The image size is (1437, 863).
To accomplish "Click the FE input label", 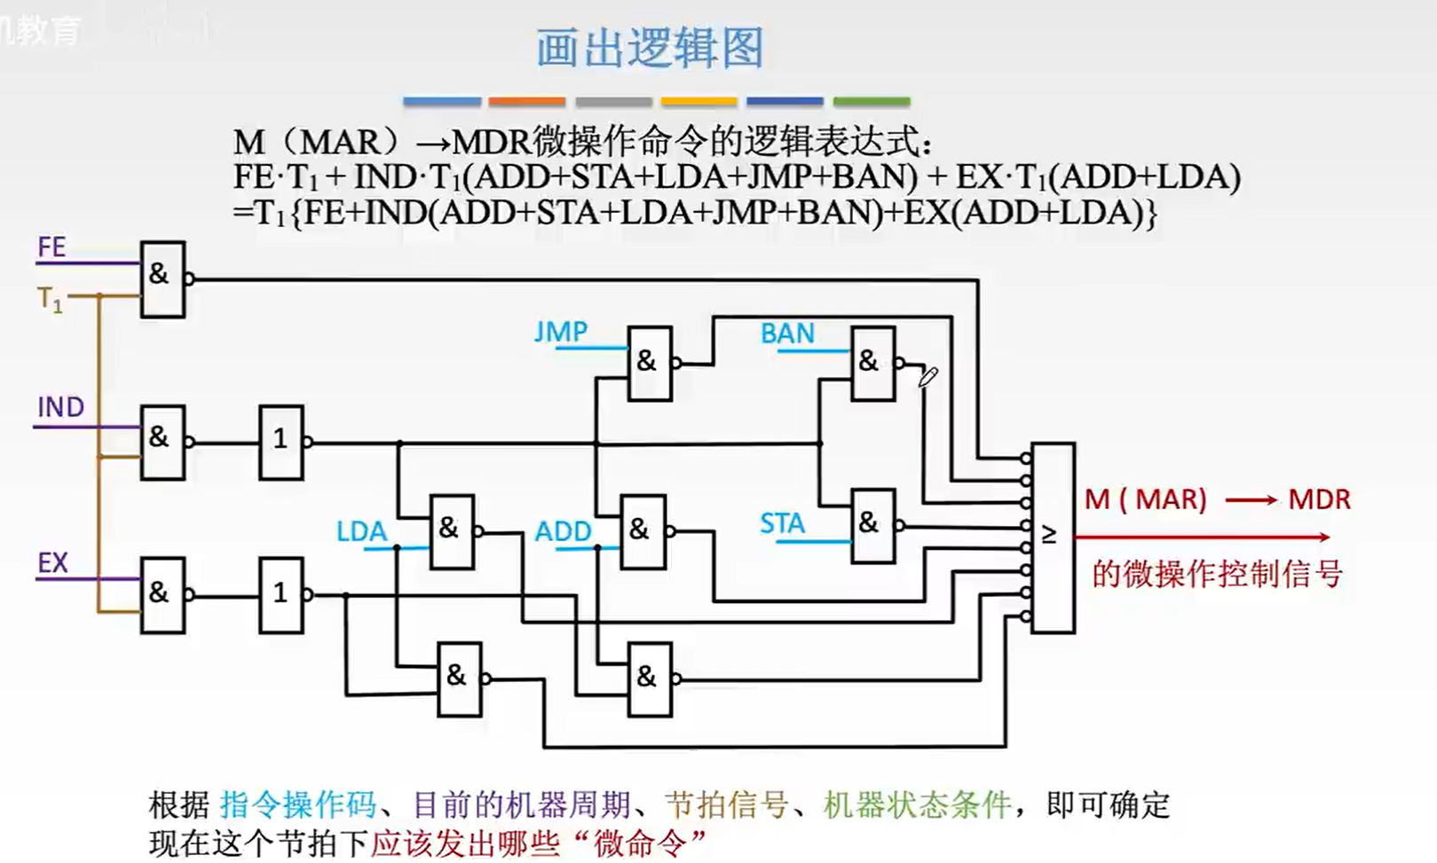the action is tap(51, 247).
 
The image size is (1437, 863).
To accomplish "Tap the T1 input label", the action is tap(50, 300).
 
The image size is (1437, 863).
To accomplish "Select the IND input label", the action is tap(61, 407).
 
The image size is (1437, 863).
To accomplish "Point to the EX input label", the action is tap(52, 563).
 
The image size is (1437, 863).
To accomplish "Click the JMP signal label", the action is tap(561, 332).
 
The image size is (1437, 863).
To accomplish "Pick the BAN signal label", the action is tap(787, 333).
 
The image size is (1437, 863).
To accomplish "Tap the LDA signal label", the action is tap(362, 531).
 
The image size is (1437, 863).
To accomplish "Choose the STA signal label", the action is tap(782, 524).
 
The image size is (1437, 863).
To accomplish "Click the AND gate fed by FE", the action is tap(163, 279).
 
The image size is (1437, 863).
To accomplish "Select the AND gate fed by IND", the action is tap(163, 443).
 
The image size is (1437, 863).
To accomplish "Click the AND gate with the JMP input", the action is tap(650, 364).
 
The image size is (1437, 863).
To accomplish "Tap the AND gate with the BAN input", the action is tap(873, 364).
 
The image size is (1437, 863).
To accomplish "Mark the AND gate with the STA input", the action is tap(873, 526).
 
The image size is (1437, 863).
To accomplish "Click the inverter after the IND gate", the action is tap(281, 443).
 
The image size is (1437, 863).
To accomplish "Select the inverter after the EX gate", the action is tap(281, 595).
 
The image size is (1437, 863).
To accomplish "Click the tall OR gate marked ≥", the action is tap(1054, 537).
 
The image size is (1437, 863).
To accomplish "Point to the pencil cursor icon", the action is tap(928, 377).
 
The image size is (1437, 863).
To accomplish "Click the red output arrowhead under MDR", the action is tap(1324, 537).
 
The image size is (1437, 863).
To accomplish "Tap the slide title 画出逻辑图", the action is tap(650, 47).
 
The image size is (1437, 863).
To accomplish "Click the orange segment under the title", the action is tap(526, 101).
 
